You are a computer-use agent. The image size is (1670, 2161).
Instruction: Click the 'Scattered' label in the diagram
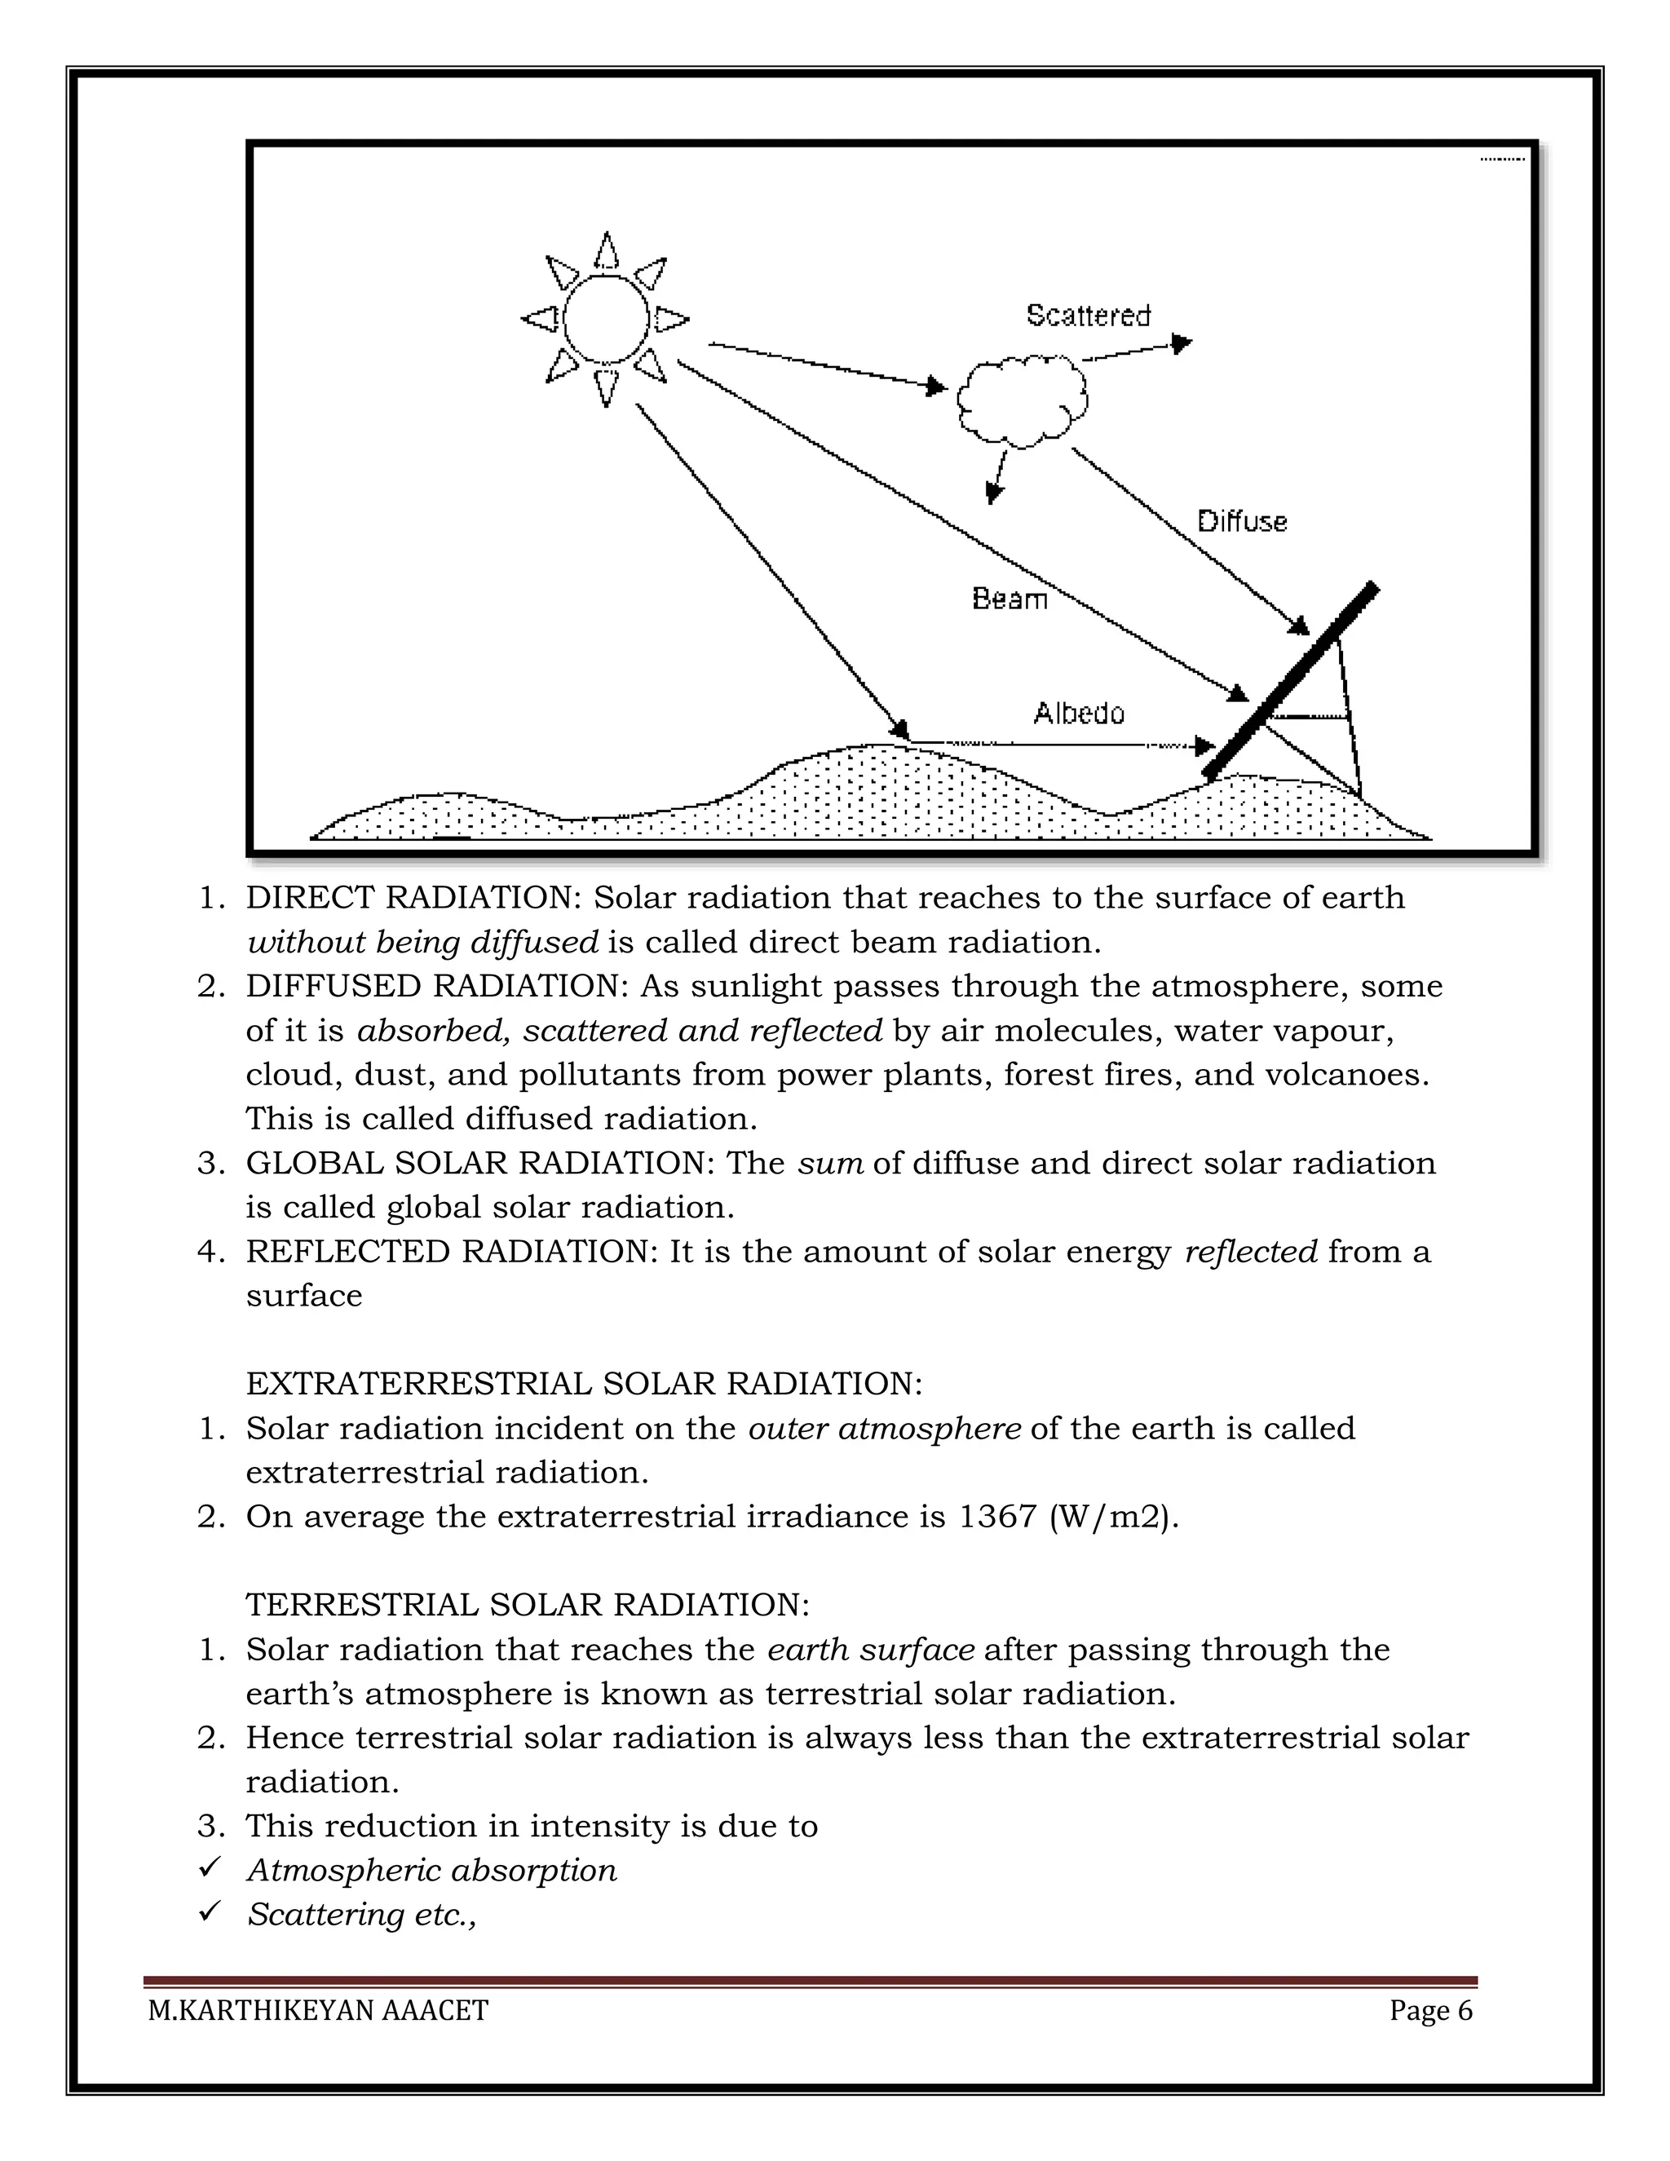point(1089,316)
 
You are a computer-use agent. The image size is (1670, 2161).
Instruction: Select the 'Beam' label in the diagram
point(1010,599)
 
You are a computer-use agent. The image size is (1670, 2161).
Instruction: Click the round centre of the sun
point(606,320)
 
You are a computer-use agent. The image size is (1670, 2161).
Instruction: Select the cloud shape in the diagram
point(1022,400)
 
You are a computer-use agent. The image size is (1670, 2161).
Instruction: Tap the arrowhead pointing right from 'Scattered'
point(1182,343)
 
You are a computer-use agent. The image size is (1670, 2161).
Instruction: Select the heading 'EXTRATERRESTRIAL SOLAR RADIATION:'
point(584,1383)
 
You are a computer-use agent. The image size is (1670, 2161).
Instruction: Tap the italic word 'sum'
point(830,1163)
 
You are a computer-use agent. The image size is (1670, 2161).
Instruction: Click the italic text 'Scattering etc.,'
point(362,1915)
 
